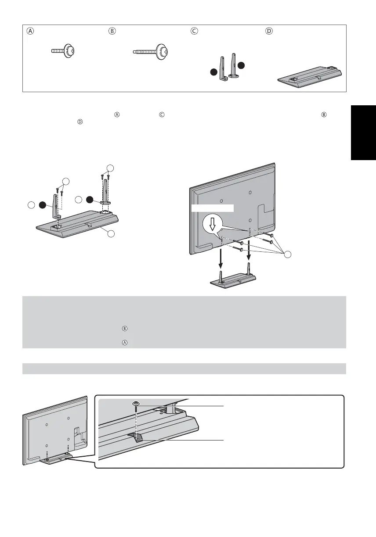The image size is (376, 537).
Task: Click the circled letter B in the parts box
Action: tap(112, 31)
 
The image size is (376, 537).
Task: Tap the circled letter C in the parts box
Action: tap(194, 31)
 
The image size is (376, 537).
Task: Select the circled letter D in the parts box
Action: tap(269, 31)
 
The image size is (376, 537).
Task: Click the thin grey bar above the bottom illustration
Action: tap(184, 369)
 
